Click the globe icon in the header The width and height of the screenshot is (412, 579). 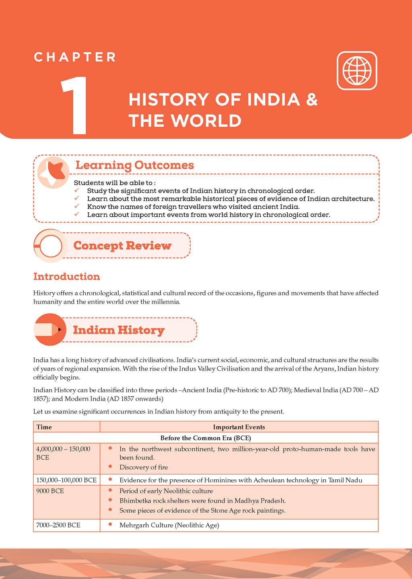click(x=356, y=70)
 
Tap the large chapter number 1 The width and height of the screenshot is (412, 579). click(x=74, y=105)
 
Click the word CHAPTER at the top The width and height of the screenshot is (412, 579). click(x=75, y=57)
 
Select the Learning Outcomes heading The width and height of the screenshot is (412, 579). click(x=134, y=165)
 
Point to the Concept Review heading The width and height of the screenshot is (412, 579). click(x=122, y=245)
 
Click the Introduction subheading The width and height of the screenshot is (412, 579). click(x=66, y=276)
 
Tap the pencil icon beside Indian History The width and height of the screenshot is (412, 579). click(x=49, y=330)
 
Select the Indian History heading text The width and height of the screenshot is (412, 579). click(x=119, y=330)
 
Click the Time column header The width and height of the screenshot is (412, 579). click(x=44, y=427)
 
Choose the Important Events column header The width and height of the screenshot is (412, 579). click(x=239, y=427)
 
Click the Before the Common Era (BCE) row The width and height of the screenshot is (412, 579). click(x=206, y=438)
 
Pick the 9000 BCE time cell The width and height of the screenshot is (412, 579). click(x=50, y=491)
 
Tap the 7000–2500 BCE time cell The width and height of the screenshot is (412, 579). click(x=58, y=525)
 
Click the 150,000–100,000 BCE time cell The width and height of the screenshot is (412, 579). click(x=66, y=480)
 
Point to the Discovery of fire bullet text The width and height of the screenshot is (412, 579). click(x=144, y=467)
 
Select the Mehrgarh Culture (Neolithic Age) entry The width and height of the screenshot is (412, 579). click(x=169, y=525)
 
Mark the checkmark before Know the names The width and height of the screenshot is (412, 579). click(x=77, y=206)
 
